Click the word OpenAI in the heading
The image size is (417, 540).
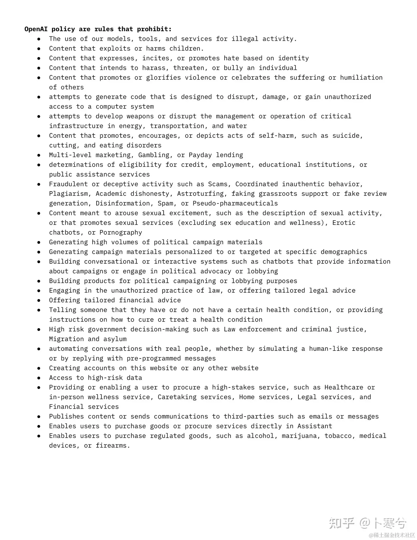pyautogui.click(x=36, y=29)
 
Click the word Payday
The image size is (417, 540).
pyautogui.click(x=200, y=155)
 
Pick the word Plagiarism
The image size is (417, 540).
pyautogui.click(x=68, y=194)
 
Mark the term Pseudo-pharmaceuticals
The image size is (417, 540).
pyautogui.click(x=235, y=203)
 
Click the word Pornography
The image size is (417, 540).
pyautogui.click(x=121, y=232)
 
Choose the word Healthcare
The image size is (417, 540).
pyautogui.click(x=344, y=387)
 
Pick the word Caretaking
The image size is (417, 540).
pyautogui.click(x=177, y=397)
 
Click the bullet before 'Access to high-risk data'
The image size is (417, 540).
pyautogui.click(x=39, y=378)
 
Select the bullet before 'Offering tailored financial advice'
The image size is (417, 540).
pyautogui.click(x=39, y=300)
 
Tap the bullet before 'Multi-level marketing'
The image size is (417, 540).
pyautogui.click(x=39, y=155)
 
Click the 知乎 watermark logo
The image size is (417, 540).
pyautogui.click(x=342, y=523)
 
